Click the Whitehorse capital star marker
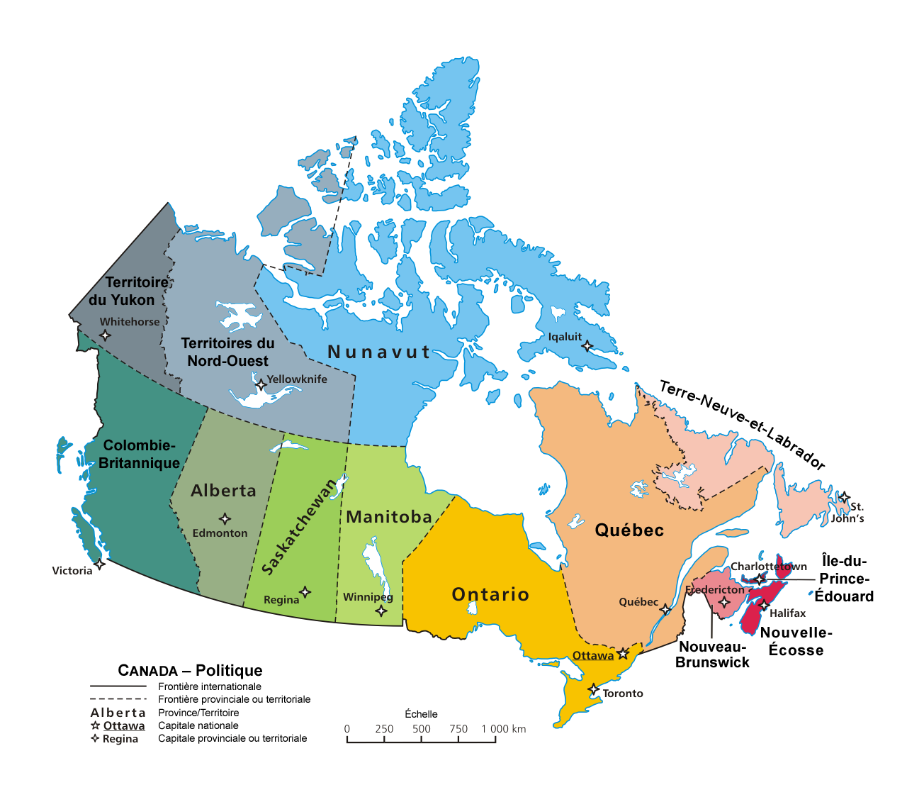tap(105, 335)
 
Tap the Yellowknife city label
tap(297, 379)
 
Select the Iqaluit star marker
tap(587, 346)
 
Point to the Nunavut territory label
tap(379, 352)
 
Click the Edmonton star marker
tap(225, 519)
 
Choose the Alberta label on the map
tap(223, 491)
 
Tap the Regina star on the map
tap(305, 592)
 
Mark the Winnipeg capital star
tap(381, 611)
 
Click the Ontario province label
tap(490, 594)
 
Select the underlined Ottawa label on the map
tap(593, 656)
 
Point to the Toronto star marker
tap(594, 689)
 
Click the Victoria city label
tap(72, 571)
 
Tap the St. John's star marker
tap(844, 497)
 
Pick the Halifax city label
tap(788, 613)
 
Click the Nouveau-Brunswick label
tap(712, 655)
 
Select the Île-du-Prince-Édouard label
tap(844, 579)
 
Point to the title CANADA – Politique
tap(190, 671)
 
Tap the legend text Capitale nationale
tap(198, 725)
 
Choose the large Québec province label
tap(629, 530)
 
